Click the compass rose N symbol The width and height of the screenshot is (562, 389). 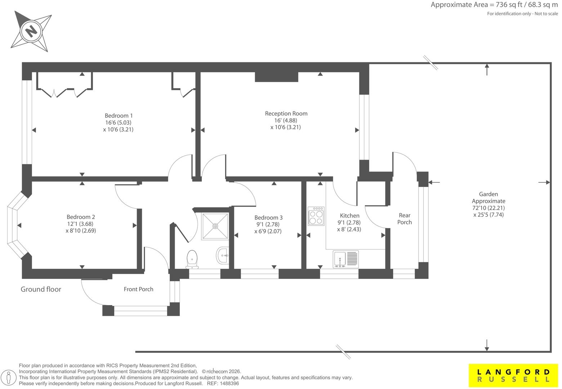point(31,31)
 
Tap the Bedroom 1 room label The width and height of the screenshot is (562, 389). point(119,116)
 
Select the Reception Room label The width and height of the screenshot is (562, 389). point(286,113)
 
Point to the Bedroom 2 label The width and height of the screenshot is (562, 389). point(81,217)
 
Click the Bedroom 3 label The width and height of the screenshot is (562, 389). point(268,218)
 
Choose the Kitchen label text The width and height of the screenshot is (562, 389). point(349,216)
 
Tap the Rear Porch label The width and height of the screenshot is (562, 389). point(405,219)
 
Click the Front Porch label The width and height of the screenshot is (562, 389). point(138,289)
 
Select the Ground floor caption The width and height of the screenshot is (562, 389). point(41,289)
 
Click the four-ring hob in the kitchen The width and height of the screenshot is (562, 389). point(316,216)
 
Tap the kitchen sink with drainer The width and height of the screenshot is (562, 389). point(346,259)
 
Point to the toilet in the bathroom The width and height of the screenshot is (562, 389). point(192,259)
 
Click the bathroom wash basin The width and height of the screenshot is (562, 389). point(223,255)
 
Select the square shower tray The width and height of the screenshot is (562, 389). point(215,226)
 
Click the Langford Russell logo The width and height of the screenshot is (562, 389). point(513,375)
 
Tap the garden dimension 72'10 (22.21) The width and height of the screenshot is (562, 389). point(488,208)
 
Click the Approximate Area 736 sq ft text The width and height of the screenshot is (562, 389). point(494,5)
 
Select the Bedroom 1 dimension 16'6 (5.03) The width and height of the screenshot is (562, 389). point(118,123)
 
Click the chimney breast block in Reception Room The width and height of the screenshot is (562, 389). point(276,77)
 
